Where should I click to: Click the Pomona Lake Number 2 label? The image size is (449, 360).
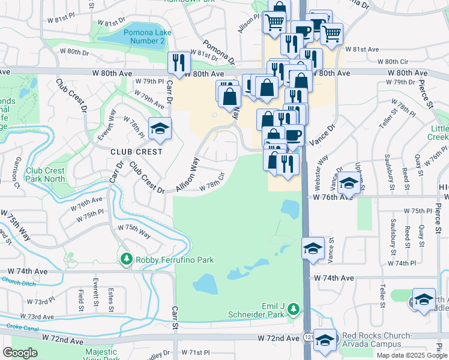(x=144, y=36)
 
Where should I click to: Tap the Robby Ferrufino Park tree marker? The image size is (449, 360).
(x=127, y=259)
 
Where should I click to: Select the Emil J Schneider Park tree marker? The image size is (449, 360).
(x=293, y=309)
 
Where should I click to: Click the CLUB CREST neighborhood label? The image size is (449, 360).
(x=136, y=152)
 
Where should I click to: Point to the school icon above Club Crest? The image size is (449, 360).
(x=160, y=129)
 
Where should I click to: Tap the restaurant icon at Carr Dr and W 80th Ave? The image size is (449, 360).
(x=179, y=62)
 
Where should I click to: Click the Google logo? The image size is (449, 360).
(x=20, y=353)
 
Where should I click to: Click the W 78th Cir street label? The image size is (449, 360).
(x=212, y=181)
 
